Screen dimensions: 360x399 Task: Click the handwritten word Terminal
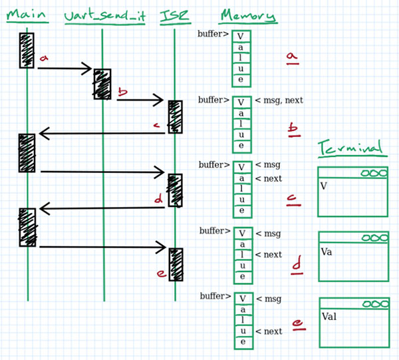(x=350, y=147)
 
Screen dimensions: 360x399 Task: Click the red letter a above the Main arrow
(x=45, y=59)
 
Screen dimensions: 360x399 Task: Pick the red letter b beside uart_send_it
(x=122, y=93)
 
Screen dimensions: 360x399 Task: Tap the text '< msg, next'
(x=279, y=100)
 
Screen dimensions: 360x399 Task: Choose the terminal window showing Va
(x=352, y=257)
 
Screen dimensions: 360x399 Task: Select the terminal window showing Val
(x=352, y=322)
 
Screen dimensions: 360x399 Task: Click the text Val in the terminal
(x=330, y=317)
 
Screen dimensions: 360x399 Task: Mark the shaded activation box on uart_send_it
(x=102, y=84)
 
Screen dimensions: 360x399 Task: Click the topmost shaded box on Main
(x=27, y=50)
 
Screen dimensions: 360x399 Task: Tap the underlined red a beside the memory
(x=291, y=59)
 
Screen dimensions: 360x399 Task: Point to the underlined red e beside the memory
(x=297, y=324)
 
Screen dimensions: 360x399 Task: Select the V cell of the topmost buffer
(x=241, y=37)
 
